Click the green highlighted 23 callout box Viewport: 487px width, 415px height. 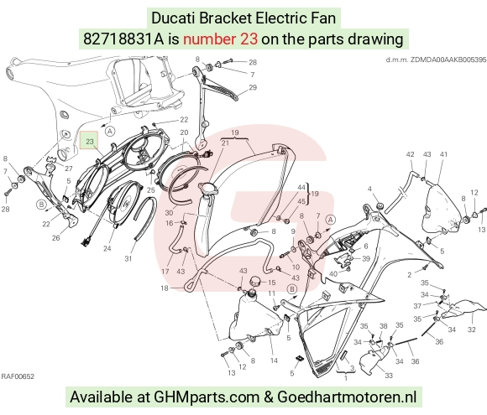point(89,140)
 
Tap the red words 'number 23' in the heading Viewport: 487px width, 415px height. point(220,39)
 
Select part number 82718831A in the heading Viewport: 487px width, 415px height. point(123,39)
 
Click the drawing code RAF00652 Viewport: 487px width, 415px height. point(18,376)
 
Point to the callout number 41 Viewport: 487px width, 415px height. point(443,154)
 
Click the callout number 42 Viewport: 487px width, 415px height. point(410,154)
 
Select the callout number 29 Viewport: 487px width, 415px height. point(253,87)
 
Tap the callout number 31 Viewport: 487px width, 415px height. point(128,258)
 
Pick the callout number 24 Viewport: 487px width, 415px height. point(107,248)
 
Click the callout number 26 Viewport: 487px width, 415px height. point(55,238)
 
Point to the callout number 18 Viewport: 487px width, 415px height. point(165,288)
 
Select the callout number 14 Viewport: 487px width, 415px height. point(274,361)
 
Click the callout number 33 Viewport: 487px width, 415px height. point(389,376)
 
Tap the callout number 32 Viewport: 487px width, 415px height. point(472,329)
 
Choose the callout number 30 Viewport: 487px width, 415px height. point(169,213)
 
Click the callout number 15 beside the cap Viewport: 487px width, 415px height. point(272,283)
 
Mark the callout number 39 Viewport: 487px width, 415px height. point(366,259)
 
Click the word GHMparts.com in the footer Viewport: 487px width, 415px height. point(207,397)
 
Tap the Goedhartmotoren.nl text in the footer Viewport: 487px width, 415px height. point(347,397)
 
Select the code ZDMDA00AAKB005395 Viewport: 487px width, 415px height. point(448,60)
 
